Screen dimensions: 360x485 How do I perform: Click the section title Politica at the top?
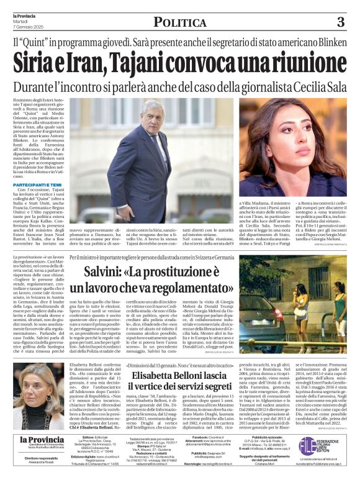tap(179, 23)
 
